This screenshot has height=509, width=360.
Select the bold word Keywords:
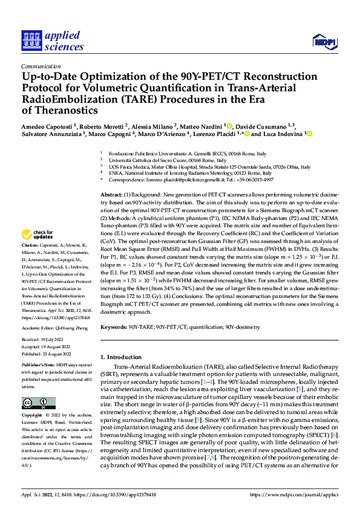pos(114,327)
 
